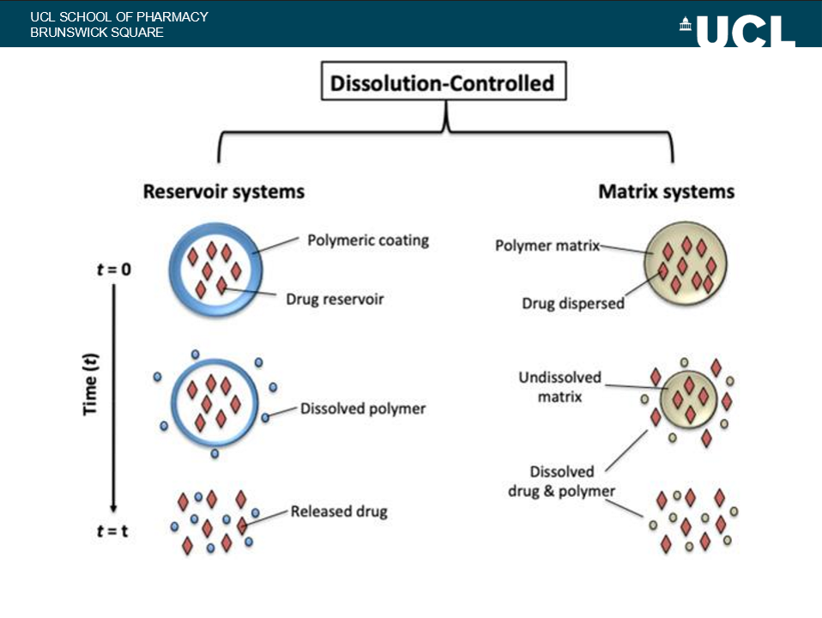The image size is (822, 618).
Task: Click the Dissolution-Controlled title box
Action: pyautogui.click(x=442, y=84)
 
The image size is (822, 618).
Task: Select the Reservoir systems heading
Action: pyautogui.click(x=223, y=191)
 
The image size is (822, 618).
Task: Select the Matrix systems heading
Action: pyautogui.click(x=666, y=191)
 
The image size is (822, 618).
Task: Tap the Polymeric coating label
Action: pyautogui.click(x=367, y=239)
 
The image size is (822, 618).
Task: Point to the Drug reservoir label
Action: pyautogui.click(x=335, y=300)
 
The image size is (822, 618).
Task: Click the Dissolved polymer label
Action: pyautogui.click(x=363, y=409)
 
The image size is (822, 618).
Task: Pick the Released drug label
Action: pyautogui.click(x=339, y=512)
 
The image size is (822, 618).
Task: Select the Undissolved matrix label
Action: pyautogui.click(x=559, y=387)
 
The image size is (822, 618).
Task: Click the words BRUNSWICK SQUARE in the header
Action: pyautogui.click(x=96, y=33)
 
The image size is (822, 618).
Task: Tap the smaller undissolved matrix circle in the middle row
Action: pyautogui.click(x=690, y=398)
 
